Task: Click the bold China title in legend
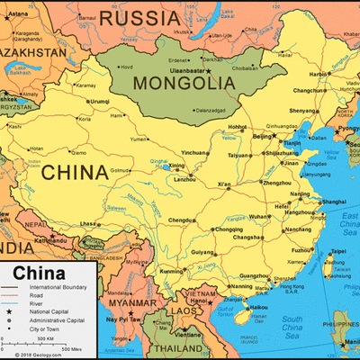coord(39,273)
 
